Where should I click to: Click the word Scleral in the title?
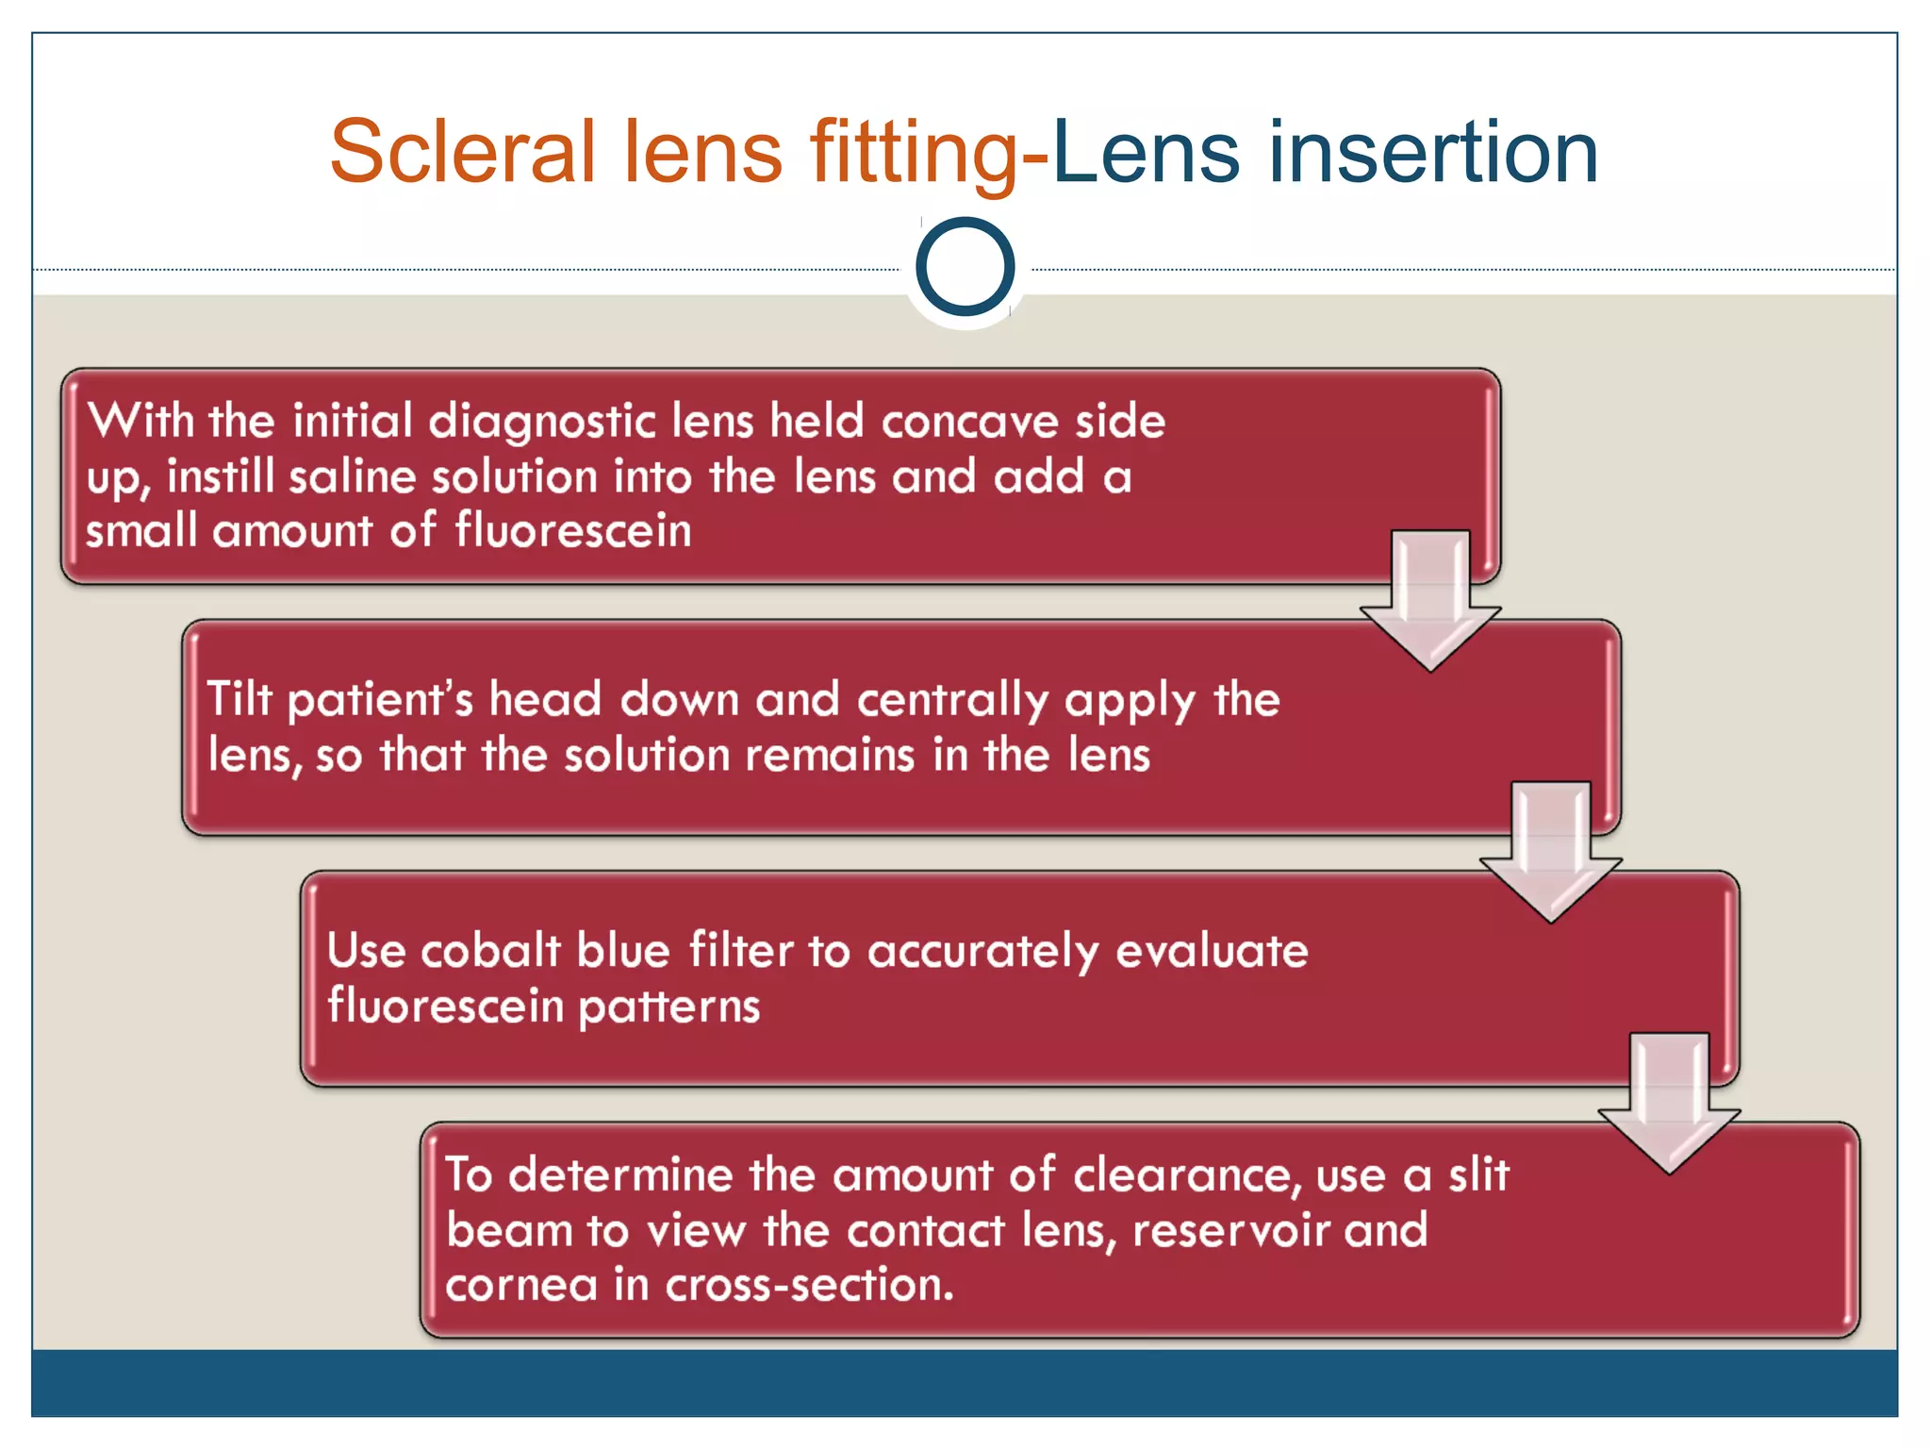click(462, 153)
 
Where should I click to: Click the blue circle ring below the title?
click(965, 267)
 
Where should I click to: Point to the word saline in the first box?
click(352, 476)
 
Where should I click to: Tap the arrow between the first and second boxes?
click(1430, 604)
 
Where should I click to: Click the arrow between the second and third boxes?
click(1550, 854)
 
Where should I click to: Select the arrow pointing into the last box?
click(1669, 1104)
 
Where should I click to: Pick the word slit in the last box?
click(1478, 1174)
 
